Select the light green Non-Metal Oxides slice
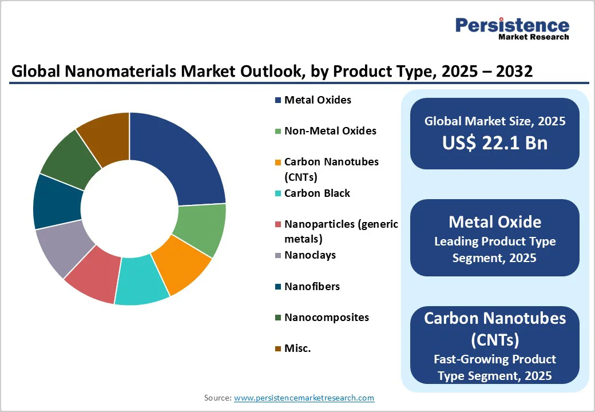click(200, 229)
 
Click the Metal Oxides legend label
click(318, 100)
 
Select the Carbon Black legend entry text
click(317, 193)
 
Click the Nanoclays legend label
click(310, 255)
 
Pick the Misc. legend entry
click(297, 348)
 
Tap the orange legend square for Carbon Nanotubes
click(278, 163)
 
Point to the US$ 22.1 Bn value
click(494, 143)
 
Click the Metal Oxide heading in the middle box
click(494, 222)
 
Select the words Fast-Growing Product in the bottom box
click(494, 359)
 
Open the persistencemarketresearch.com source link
click(304, 398)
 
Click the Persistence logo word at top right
click(512, 25)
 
